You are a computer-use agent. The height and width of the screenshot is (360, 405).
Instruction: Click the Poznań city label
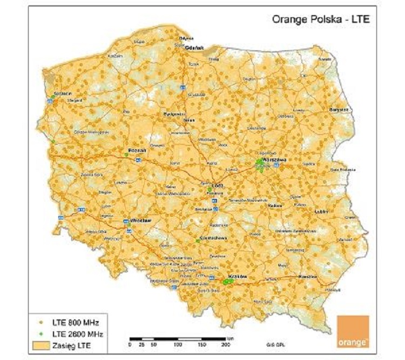click(x=135, y=151)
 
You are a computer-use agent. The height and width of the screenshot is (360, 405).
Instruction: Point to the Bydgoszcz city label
click(x=174, y=114)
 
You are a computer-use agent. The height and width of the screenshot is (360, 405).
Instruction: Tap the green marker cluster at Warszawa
click(x=261, y=164)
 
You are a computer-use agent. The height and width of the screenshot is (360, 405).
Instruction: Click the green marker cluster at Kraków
click(x=228, y=281)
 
